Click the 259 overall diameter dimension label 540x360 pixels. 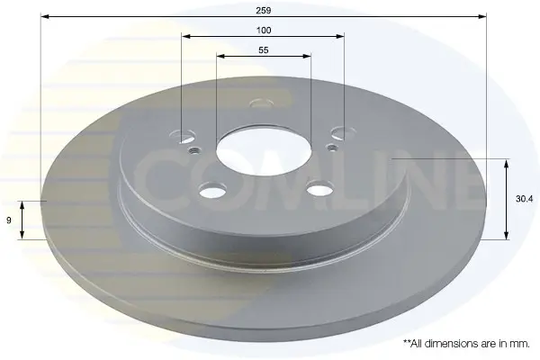coord(263,10)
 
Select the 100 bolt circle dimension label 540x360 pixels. coord(264,31)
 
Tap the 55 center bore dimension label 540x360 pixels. coord(264,50)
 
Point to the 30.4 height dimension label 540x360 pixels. coord(524,199)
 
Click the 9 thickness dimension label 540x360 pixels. coord(9,220)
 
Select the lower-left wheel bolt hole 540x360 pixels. coord(212,191)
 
